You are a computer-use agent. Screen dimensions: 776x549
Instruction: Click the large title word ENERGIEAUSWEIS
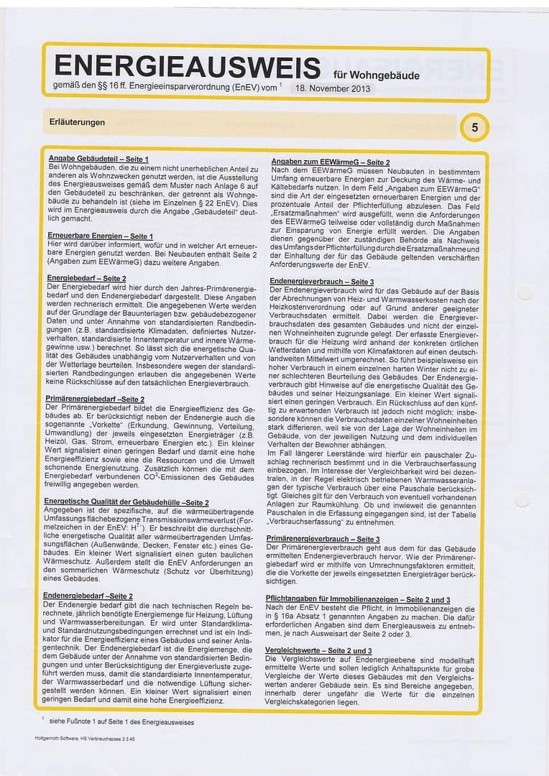point(187,68)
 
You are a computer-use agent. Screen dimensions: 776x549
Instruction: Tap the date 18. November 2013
point(333,89)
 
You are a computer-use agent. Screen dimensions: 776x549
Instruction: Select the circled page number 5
point(474,127)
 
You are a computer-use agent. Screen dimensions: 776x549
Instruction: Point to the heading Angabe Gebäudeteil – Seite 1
point(98,159)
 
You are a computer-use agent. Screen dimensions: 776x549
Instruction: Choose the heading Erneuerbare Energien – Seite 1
point(100,236)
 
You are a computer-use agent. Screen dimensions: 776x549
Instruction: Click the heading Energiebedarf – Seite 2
point(87,277)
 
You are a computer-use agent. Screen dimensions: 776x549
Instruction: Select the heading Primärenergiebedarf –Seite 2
point(94,399)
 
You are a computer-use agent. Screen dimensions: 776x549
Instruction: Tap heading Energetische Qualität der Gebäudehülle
point(126,502)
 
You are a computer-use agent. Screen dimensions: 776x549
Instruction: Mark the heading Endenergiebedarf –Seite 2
point(88,596)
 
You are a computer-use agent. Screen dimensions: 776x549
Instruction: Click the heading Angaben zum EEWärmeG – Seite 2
point(330,163)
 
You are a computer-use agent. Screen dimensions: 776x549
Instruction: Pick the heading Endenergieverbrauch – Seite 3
point(321,282)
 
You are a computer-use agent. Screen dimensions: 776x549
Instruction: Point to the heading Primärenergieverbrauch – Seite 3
point(323,538)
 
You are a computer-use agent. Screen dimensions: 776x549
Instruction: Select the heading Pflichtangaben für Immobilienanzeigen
point(358,599)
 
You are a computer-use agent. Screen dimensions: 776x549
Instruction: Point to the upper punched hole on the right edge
point(523,292)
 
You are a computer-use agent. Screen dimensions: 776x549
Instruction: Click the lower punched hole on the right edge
point(522,501)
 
